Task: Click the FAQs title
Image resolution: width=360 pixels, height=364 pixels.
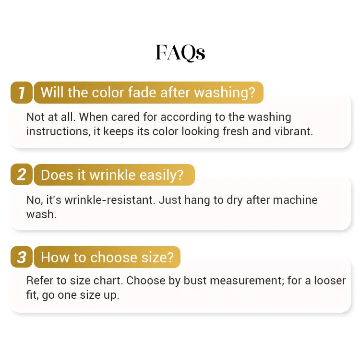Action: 180,53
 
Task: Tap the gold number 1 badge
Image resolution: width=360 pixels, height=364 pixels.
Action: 22,93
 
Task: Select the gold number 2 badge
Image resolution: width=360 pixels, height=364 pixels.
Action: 22,175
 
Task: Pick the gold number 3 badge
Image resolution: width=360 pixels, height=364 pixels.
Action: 22,257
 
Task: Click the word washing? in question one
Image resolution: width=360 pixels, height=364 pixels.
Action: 225,93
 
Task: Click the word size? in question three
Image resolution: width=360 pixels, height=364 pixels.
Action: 157,258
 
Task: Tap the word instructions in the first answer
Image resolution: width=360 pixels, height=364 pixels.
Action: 57,131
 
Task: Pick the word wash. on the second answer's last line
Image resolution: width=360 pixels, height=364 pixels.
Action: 41,214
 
